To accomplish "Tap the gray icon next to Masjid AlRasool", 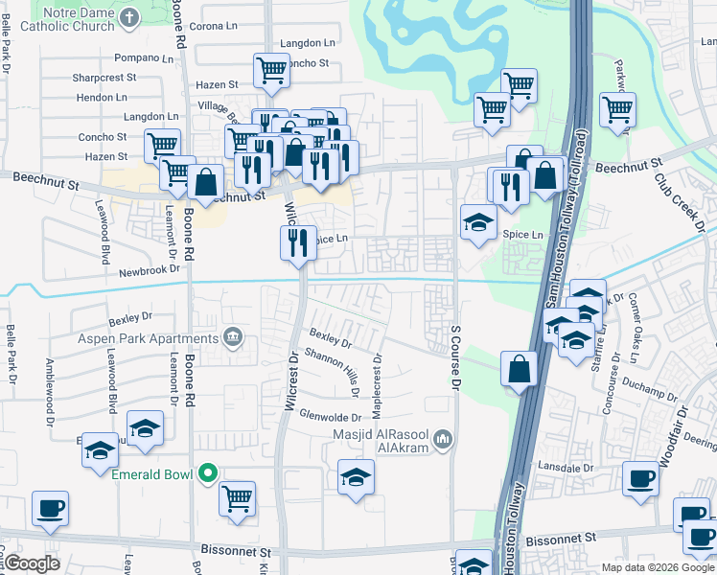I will (442, 439).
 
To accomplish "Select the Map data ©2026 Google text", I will (659, 567).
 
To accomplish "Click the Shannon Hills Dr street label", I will (331, 371).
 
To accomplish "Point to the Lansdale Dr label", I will (569, 466).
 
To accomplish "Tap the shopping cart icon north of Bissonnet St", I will (237, 497).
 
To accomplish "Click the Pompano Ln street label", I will (142, 58).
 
